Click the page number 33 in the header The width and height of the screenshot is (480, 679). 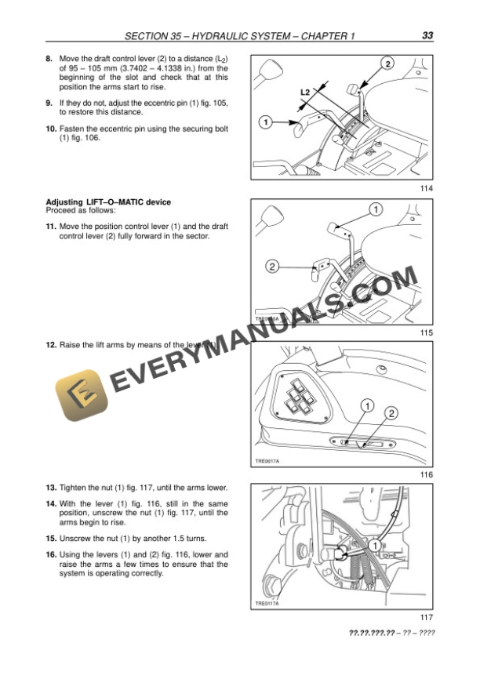coord(427,35)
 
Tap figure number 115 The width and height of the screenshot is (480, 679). coord(427,333)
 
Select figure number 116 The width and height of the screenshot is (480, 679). coord(427,475)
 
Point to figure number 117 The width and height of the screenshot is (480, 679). coord(427,617)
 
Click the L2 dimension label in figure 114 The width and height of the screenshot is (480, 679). coord(306,93)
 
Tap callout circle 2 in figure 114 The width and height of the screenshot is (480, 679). coord(387,63)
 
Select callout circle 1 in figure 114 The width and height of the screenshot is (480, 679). coord(266,122)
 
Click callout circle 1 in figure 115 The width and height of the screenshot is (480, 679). coord(375,209)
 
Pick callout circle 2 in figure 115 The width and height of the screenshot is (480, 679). coord(272,267)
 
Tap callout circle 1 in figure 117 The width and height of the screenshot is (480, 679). coord(376,544)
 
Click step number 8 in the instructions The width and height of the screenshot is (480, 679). coord(49,59)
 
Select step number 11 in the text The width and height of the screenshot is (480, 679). coord(51,226)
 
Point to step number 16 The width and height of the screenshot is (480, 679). coord(51,555)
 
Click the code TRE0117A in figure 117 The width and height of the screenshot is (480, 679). coord(267,604)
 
